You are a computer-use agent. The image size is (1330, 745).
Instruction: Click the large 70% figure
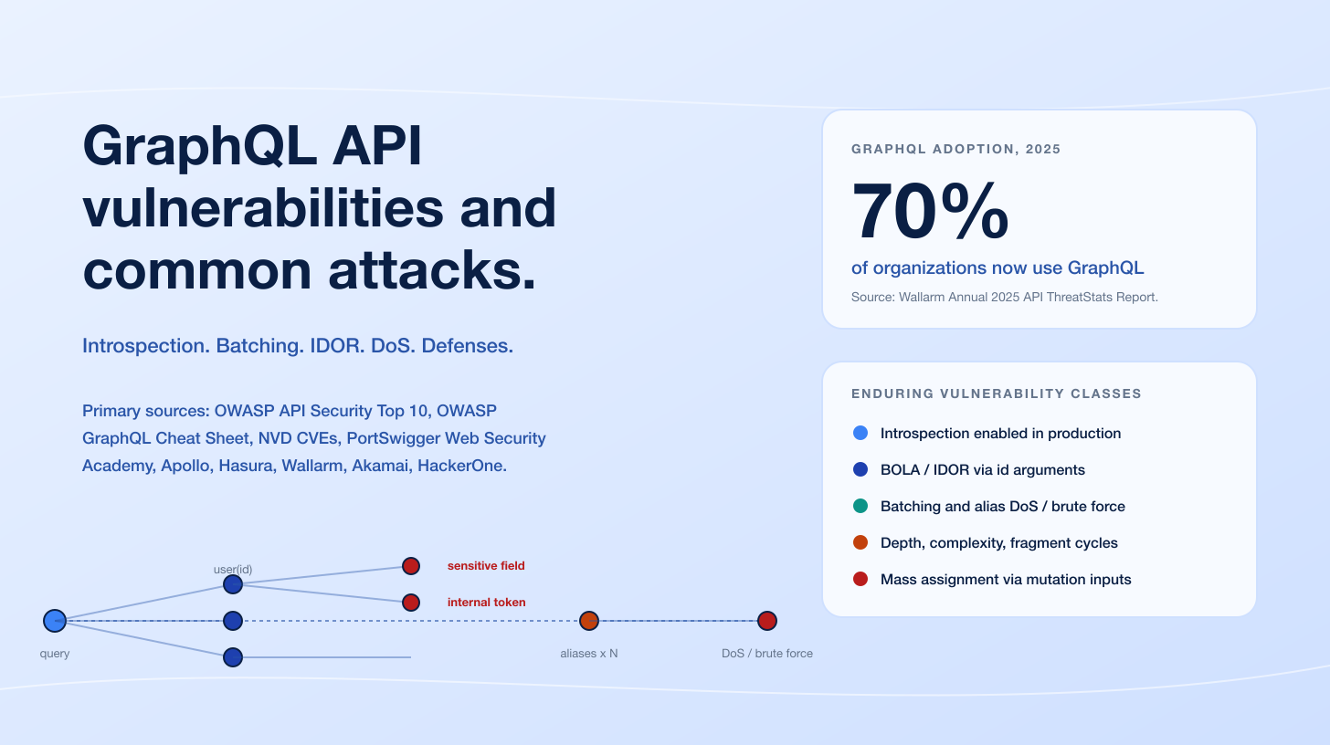tap(930, 213)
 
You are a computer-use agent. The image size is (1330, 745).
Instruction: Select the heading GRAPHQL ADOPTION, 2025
tap(955, 149)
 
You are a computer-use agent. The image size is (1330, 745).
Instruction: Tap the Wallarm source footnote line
tap(1004, 297)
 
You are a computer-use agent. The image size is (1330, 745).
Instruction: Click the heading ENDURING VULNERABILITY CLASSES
tap(996, 393)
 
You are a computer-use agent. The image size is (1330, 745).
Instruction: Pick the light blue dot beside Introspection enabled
tap(860, 433)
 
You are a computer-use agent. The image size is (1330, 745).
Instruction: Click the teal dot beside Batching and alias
tap(860, 506)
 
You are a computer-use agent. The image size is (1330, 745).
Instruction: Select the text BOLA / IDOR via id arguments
tap(982, 469)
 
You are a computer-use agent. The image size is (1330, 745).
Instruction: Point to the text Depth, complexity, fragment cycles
tap(998, 542)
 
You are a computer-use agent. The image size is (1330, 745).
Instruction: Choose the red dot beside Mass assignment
tap(860, 579)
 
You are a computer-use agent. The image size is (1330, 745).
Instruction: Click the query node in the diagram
tap(55, 621)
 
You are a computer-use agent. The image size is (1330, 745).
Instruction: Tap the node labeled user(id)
tap(233, 584)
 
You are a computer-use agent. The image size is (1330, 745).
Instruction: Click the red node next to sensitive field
tap(411, 566)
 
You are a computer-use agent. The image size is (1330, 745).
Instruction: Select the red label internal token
tap(486, 603)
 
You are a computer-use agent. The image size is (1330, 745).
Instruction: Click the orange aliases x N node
tap(589, 621)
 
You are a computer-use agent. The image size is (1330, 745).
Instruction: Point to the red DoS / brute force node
tap(767, 621)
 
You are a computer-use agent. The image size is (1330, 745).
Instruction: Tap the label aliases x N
tap(589, 654)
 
